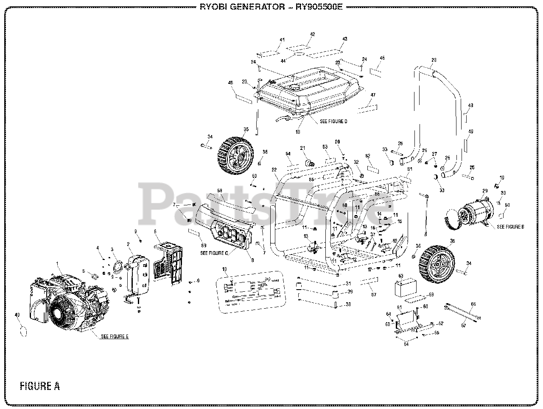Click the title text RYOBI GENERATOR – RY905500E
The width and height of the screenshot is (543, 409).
click(271, 7)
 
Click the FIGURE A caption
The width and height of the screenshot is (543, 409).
click(39, 386)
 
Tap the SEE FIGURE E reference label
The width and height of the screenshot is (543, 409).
click(115, 337)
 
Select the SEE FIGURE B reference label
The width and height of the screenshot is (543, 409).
click(510, 227)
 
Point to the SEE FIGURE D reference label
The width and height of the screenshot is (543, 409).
click(333, 122)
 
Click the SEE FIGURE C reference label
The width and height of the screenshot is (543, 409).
click(214, 253)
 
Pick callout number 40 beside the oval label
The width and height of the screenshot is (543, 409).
click(17, 315)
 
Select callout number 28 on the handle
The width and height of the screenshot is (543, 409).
click(434, 60)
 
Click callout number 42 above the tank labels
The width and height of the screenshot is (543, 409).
click(313, 34)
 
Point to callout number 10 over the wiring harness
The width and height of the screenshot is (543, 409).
click(225, 269)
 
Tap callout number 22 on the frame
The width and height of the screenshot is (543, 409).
click(274, 170)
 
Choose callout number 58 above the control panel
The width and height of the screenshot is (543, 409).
click(220, 191)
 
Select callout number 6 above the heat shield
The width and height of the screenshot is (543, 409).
click(155, 232)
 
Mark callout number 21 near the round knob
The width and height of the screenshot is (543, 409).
click(303, 148)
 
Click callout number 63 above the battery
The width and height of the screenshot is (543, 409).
click(399, 276)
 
